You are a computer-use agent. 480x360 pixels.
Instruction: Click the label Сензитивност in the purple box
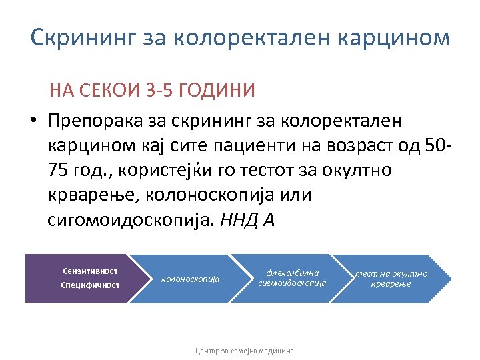(x=90, y=271)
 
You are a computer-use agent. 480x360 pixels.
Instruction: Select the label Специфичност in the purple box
(x=90, y=285)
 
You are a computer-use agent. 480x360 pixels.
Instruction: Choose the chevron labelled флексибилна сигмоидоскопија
(x=292, y=278)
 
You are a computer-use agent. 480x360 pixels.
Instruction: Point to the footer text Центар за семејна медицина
(x=244, y=350)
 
